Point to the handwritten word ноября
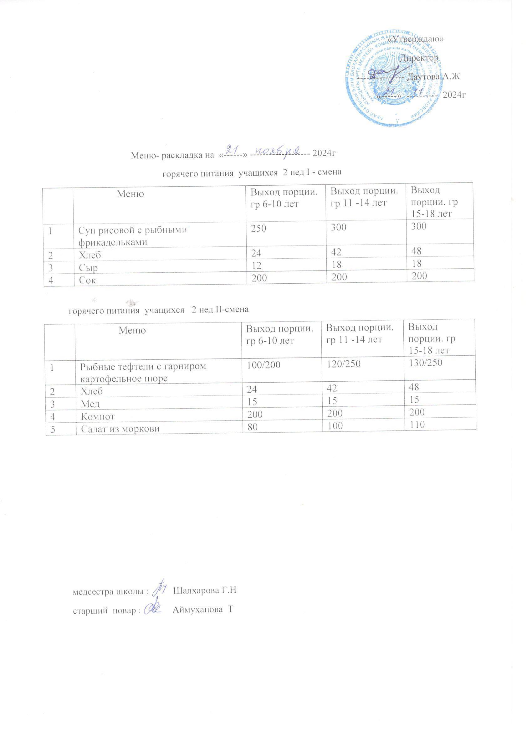tap(278, 150)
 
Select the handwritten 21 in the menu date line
tap(233, 149)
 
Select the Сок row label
tap(87, 280)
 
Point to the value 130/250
tap(425, 363)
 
